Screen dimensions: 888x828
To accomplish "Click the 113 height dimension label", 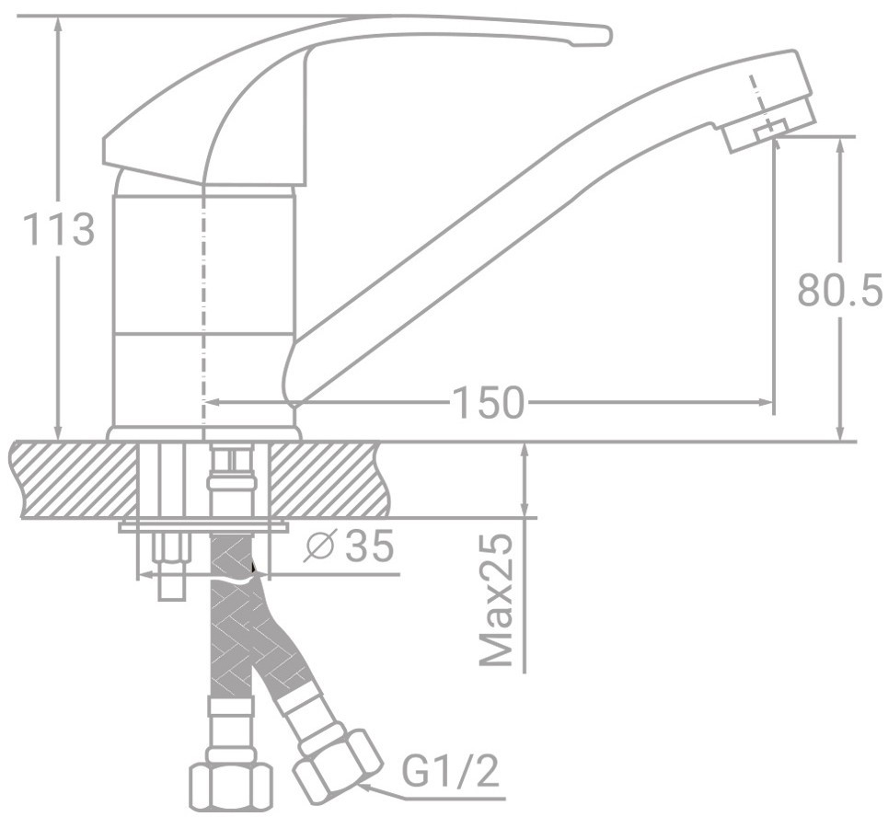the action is tap(58, 230).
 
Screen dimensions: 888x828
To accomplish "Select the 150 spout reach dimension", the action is tap(489, 403).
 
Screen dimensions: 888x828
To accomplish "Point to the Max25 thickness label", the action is tap(496, 601).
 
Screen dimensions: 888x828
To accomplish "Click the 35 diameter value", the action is tap(369, 546).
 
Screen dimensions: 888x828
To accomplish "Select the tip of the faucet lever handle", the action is tap(606, 35).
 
